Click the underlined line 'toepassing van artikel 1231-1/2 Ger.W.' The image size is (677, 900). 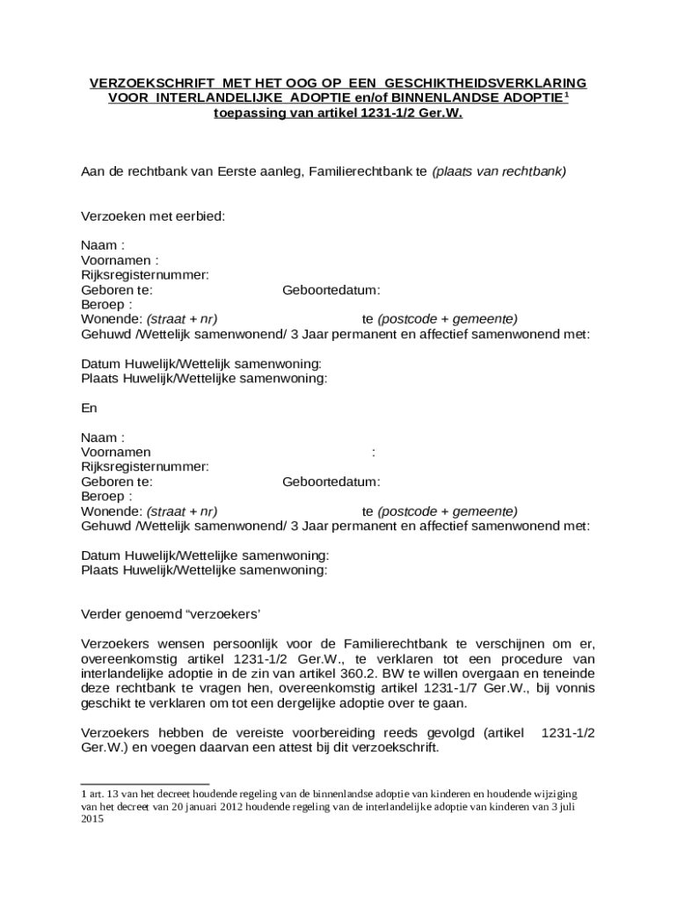(x=338, y=113)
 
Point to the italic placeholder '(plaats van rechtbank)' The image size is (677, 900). (x=499, y=171)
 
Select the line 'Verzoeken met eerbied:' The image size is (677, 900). (x=154, y=215)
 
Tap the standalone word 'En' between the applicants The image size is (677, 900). (x=89, y=408)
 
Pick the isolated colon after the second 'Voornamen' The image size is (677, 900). (x=374, y=453)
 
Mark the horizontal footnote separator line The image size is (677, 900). (x=145, y=783)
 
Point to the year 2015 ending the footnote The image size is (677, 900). (x=92, y=818)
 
